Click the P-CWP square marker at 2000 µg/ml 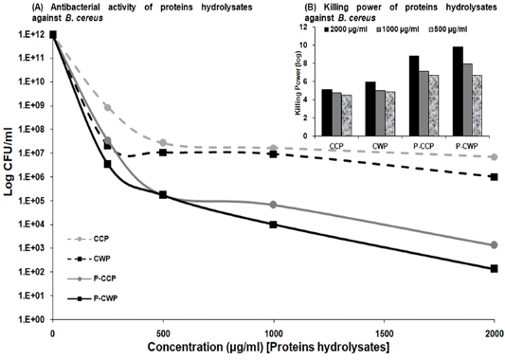click(494, 268)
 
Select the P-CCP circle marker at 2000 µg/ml click(494, 245)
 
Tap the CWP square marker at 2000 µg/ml click(494, 177)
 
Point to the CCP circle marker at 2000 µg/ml click(494, 157)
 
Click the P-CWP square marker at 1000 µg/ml click(274, 225)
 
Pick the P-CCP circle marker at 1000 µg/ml click(274, 205)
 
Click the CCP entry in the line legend click(88, 239)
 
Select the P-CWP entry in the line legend click(93, 298)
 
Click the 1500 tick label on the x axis click(384, 333)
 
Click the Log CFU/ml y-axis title click(9, 162)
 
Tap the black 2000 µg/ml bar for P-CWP click(458, 91)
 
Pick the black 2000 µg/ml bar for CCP click(327, 113)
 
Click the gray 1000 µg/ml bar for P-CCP click(424, 103)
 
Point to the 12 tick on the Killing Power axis click(311, 27)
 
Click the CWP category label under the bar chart click(380, 146)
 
